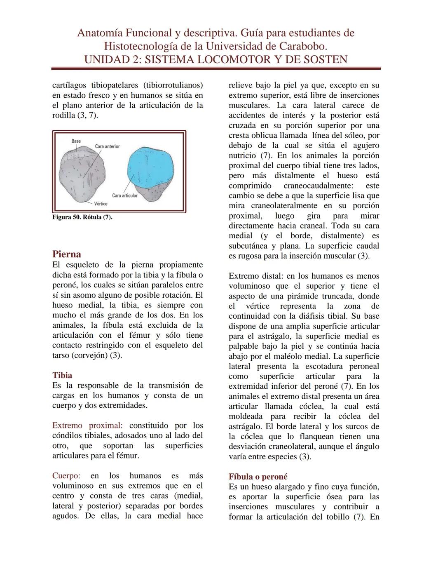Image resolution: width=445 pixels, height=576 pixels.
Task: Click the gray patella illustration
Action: tap(84, 173)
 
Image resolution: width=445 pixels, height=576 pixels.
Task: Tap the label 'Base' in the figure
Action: tap(76, 141)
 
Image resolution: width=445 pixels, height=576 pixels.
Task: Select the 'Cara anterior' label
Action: tap(107, 146)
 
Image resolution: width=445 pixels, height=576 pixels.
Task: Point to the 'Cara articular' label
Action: tap(124, 195)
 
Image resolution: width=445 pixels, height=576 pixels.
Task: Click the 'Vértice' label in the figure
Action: tap(101, 204)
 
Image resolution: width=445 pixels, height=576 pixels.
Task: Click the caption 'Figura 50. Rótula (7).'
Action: tap(82, 217)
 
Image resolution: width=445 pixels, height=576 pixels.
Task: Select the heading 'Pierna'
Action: tap(66, 254)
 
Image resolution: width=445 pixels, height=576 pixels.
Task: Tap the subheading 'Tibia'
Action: tap(62, 375)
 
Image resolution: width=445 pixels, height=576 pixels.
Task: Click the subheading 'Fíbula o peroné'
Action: tap(258, 477)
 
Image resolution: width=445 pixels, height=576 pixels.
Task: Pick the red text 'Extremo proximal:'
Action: tap(87, 426)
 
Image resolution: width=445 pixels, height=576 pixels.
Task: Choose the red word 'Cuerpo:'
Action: tap(66, 476)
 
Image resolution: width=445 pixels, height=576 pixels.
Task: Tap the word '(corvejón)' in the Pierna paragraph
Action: tap(87, 355)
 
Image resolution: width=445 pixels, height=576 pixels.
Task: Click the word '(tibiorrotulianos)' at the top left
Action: tap(173, 85)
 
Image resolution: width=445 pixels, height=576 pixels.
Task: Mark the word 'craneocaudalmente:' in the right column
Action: tap(319, 186)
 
